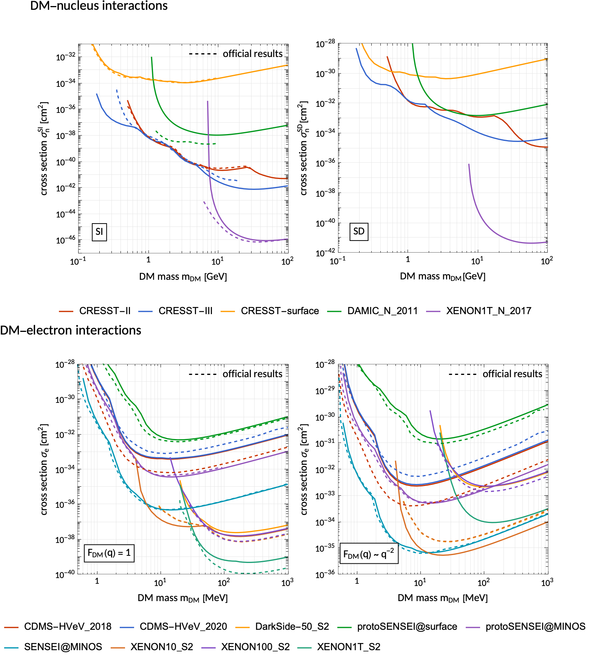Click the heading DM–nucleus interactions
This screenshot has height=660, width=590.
point(99,6)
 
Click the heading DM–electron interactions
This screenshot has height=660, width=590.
point(71,330)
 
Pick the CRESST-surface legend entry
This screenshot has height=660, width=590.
point(280,311)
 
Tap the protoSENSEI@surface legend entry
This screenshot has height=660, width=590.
point(407,626)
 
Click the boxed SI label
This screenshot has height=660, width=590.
point(99,232)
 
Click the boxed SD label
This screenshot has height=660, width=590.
point(359,231)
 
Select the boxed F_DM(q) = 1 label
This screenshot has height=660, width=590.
point(109,553)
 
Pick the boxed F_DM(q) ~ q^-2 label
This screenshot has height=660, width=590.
point(369,554)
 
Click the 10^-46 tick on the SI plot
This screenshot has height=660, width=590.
point(66,240)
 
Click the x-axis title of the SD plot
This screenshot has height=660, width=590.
point(442,277)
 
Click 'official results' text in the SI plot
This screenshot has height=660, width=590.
point(252,54)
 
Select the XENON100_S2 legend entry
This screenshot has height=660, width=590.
point(255,647)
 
